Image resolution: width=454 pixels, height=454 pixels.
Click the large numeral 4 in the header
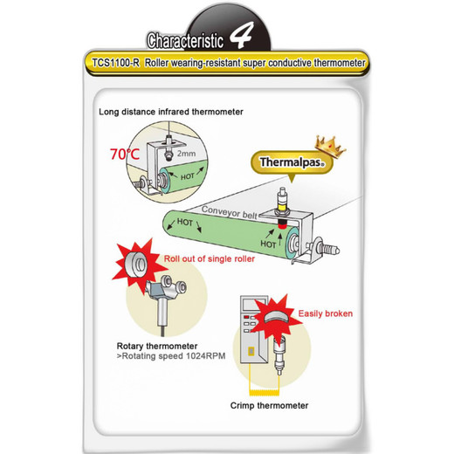point(241,35)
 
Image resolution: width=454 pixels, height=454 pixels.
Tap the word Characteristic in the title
point(185,40)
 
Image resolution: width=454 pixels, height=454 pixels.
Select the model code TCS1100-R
point(116,63)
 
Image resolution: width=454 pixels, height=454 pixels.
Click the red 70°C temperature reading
point(125,155)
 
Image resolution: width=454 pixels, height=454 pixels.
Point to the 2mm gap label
point(186,154)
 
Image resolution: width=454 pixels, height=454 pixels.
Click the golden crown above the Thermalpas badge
point(330,147)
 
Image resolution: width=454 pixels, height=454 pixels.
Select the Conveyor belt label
point(230,212)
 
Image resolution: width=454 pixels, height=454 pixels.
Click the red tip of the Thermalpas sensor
point(281,224)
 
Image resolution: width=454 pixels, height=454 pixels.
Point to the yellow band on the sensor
point(282,208)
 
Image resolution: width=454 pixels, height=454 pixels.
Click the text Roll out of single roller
point(210,258)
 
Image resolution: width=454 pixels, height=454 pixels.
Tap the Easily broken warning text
point(326,313)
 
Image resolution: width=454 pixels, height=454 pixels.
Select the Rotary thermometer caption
point(157,346)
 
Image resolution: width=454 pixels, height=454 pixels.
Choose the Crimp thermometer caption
point(269,405)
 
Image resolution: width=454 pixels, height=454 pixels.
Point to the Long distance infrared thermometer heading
point(171,112)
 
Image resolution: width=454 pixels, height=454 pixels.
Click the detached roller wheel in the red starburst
point(135,265)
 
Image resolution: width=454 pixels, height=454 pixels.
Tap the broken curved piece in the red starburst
point(275,317)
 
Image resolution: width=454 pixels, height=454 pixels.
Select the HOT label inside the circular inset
point(187,176)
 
